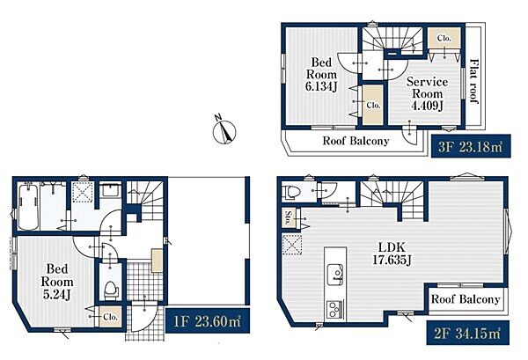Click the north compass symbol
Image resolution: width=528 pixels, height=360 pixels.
pyautogui.click(x=224, y=130)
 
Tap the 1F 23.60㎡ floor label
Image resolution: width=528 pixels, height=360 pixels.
pyautogui.click(x=208, y=320)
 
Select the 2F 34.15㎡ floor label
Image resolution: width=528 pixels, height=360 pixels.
pyautogui.click(x=468, y=333)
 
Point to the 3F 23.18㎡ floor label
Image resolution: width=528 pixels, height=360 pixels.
pyautogui.click(x=471, y=146)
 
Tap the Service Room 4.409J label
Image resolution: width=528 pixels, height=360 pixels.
pyautogui.click(x=427, y=93)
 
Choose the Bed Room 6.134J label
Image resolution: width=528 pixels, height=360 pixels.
pyautogui.click(x=321, y=74)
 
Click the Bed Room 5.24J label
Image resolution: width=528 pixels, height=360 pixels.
pyautogui.click(x=57, y=282)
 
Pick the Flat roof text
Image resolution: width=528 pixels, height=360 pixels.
pyautogui.click(x=474, y=81)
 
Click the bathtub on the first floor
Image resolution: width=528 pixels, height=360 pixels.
pyautogui.click(x=28, y=207)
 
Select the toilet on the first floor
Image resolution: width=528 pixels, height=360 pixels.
pyautogui.click(x=111, y=290)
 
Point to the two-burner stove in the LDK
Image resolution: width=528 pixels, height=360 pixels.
pyautogui.click(x=334, y=310)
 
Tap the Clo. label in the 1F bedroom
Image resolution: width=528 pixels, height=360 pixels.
pyautogui.click(x=111, y=317)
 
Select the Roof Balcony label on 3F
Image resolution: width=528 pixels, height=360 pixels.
pyautogui.click(x=356, y=141)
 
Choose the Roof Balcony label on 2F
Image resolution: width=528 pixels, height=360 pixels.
pyautogui.click(x=466, y=299)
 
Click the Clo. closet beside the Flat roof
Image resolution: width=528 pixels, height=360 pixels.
pyautogui.click(x=444, y=39)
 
